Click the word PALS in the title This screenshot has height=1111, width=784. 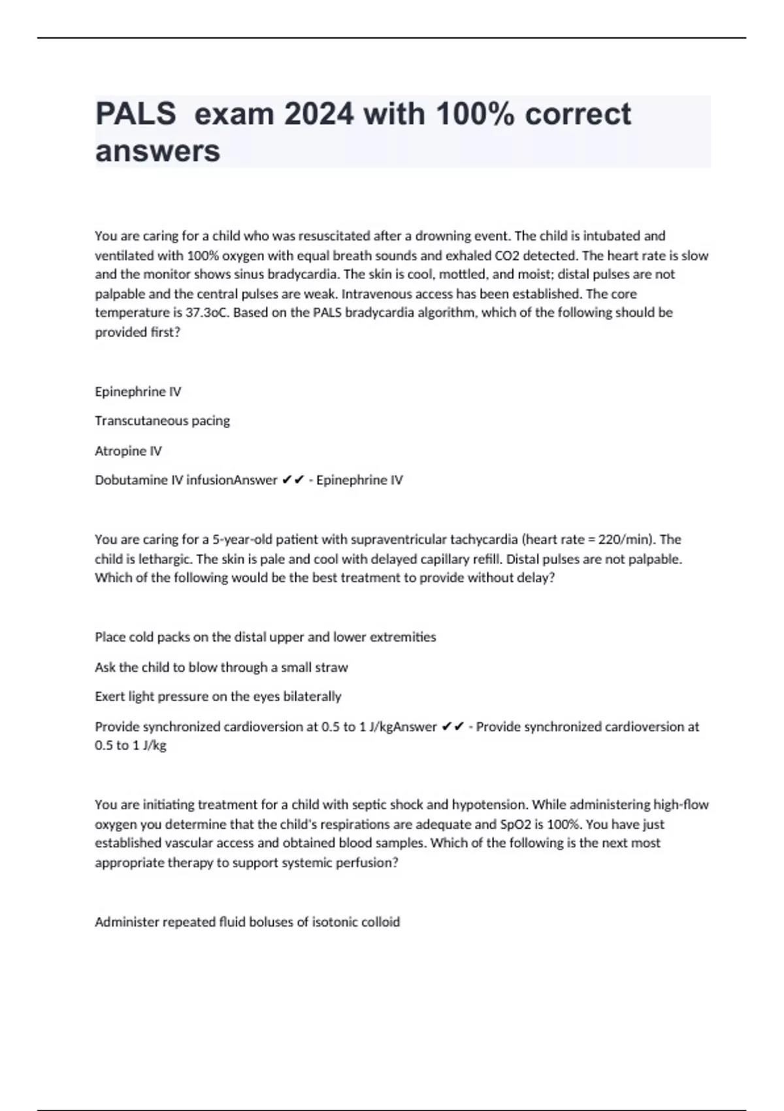coord(135,114)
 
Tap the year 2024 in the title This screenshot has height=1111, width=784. coord(319,114)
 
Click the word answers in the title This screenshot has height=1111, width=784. coord(157,152)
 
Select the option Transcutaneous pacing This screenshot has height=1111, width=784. coord(162,421)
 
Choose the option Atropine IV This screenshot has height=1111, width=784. coord(128,451)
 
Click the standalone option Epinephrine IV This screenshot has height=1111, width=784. coord(138,391)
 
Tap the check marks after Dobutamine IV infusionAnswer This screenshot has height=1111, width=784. coord(293,480)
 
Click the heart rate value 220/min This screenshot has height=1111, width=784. coord(625,540)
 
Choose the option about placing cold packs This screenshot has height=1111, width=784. coord(265,637)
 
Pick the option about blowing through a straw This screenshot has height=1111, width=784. coord(221,667)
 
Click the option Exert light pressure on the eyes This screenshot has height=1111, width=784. coord(218,697)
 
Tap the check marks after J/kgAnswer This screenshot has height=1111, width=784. coord(453,727)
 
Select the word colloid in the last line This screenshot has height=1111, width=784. coord(380,922)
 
